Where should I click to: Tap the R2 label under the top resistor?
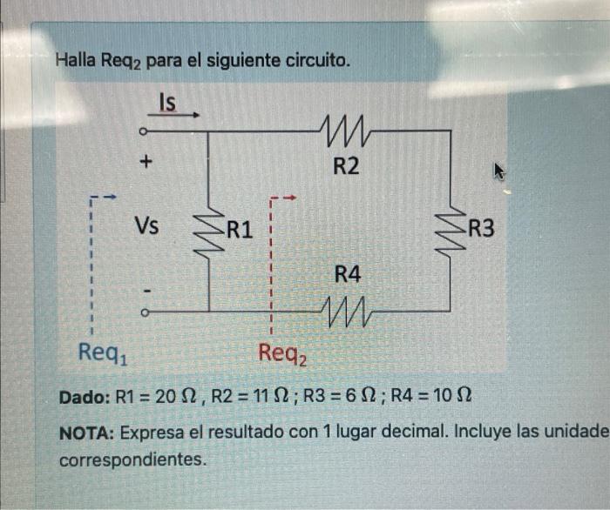coord(347,166)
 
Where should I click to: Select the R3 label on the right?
coord(481,230)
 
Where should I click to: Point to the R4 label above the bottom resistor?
coord(348,274)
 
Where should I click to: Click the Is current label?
coord(166,103)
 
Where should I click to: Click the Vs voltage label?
coord(146,228)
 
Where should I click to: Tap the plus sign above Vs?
coord(146,162)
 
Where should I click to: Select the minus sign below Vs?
coord(146,290)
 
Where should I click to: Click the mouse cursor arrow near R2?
coord(500,171)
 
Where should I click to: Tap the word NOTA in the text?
coord(85,433)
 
